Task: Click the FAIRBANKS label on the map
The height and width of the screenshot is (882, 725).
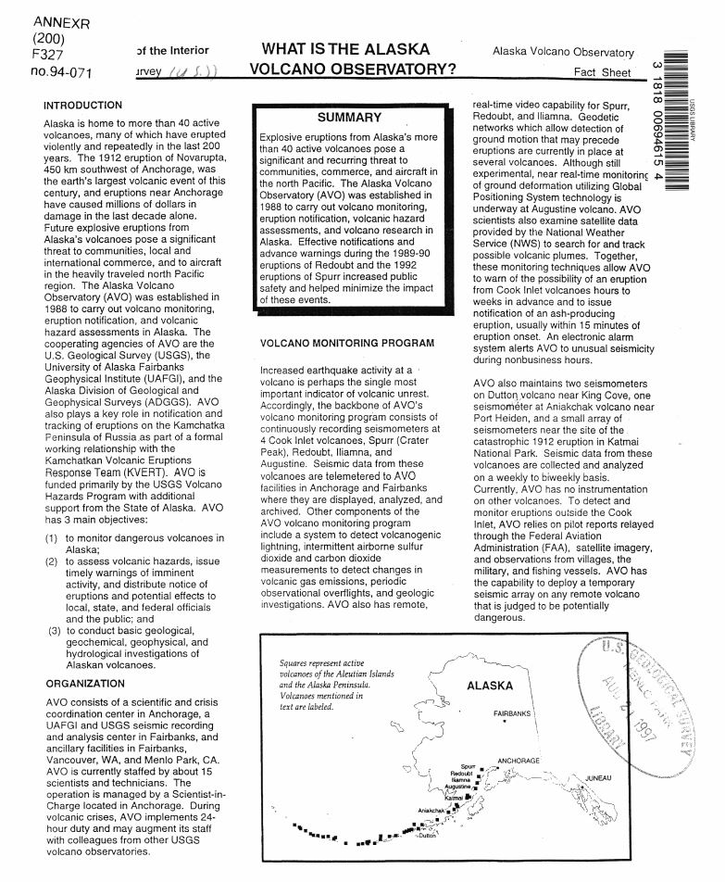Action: coord(512,714)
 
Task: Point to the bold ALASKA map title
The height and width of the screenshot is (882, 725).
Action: coord(487,687)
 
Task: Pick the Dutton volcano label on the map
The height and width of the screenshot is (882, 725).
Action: coord(427,837)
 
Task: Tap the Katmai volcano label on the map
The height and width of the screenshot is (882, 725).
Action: coord(453,797)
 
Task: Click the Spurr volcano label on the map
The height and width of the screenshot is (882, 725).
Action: coord(467,767)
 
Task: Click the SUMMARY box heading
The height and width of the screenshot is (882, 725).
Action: coord(349,118)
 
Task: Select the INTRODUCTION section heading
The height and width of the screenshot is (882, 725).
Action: coord(82,106)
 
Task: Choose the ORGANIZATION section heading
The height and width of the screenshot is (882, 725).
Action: coord(84,684)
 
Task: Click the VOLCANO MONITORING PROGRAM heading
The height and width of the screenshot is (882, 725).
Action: coord(346,344)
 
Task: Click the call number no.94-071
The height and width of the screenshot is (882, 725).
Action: coord(35,69)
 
